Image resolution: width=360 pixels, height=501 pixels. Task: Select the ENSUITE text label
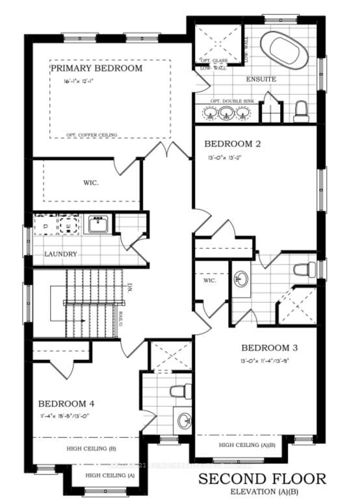[262, 79]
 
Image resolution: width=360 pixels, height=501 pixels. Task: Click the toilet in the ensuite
[300, 112]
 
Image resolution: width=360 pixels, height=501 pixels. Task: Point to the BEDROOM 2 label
[233, 144]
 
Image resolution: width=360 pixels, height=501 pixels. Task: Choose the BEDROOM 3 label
[269, 348]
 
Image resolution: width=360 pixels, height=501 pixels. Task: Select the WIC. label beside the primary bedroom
[91, 183]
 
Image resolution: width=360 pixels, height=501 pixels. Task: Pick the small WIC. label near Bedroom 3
[209, 281]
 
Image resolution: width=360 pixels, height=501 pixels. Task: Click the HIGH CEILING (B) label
[91, 448]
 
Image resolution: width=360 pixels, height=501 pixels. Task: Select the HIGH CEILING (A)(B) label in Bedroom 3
[247, 445]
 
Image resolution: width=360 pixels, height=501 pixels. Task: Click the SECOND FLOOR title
[263, 480]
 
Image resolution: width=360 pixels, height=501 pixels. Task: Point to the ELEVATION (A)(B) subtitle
[263, 492]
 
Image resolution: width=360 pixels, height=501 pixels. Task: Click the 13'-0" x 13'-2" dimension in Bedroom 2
[222, 157]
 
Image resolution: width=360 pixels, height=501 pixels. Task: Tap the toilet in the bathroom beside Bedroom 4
[177, 391]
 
